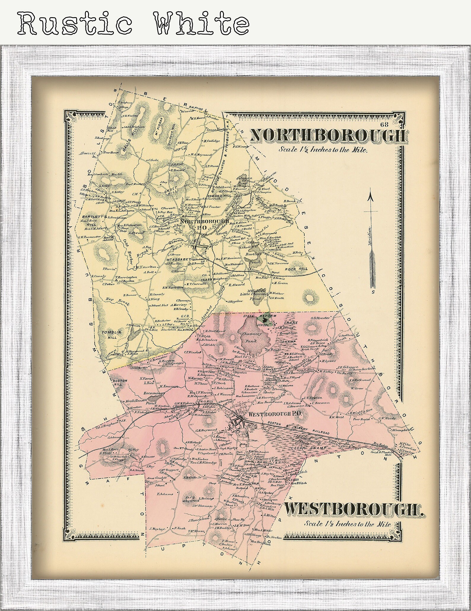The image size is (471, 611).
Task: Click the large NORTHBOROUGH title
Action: click(327, 136)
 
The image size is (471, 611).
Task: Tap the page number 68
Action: click(386, 124)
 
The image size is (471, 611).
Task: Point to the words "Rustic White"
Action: click(133, 23)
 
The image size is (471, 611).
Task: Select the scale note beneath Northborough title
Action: click(323, 150)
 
